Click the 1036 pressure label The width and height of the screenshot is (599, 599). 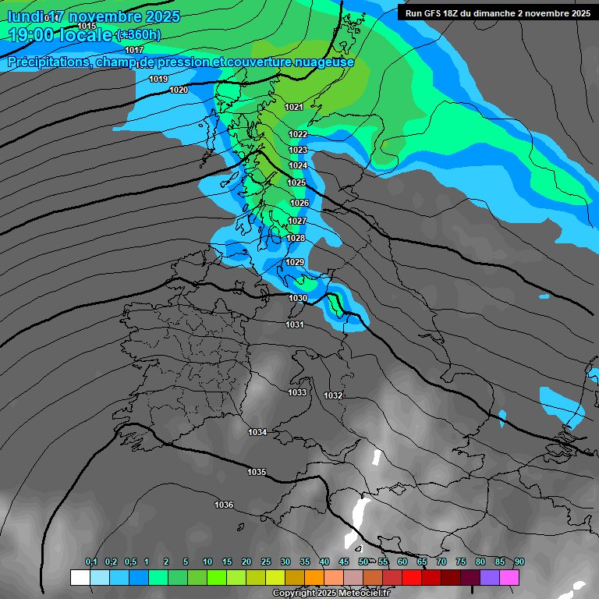pyautogui.click(x=224, y=505)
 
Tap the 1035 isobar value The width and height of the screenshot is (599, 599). pyautogui.click(x=257, y=472)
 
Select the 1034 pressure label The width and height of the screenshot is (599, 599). pyautogui.click(x=257, y=432)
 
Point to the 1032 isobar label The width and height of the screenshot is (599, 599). pyautogui.click(x=333, y=395)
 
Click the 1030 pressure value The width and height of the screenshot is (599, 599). pyautogui.click(x=298, y=298)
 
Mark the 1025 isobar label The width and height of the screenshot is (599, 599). pyautogui.click(x=296, y=183)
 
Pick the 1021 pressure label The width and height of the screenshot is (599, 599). pyautogui.click(x=294, y=107)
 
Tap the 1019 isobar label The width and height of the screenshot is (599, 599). pyautogui.click(x=158, y=79)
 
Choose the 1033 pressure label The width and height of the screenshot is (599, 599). pyautogui.click(x=297, y=392)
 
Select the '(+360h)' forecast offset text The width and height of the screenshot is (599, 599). pyautogui.click(x=138, y=35)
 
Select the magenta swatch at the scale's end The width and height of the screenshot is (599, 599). pyautogui.click(x=509, y=577)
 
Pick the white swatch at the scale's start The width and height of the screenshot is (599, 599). pyautogui.click(x=80, y=577)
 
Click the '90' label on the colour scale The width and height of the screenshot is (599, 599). pyautogui.click(x=519, y=562)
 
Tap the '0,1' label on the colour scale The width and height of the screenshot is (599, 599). pyautogui.click(x=91, y=562)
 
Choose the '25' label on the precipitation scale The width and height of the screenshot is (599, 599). pyautogui.click(x=266, y=562)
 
